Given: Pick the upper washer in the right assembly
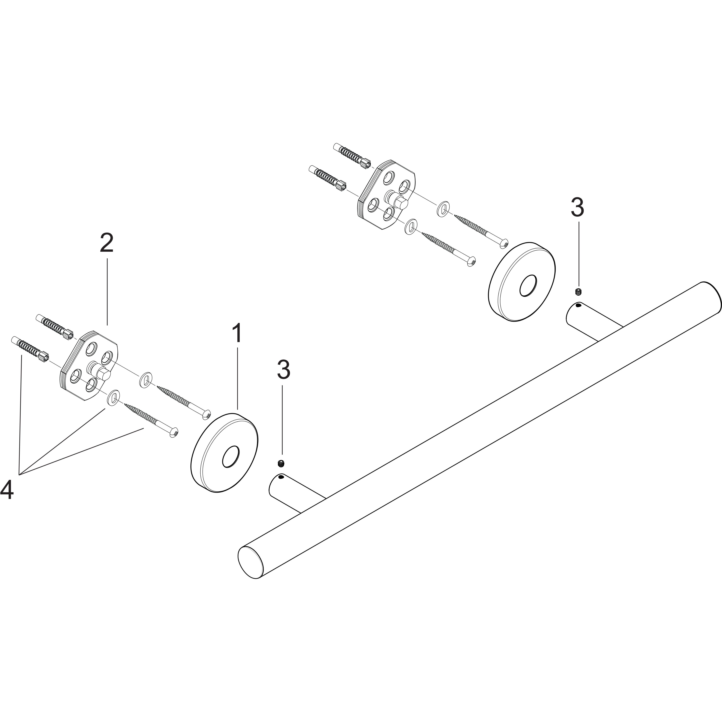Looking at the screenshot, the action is [x=443, y=208].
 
